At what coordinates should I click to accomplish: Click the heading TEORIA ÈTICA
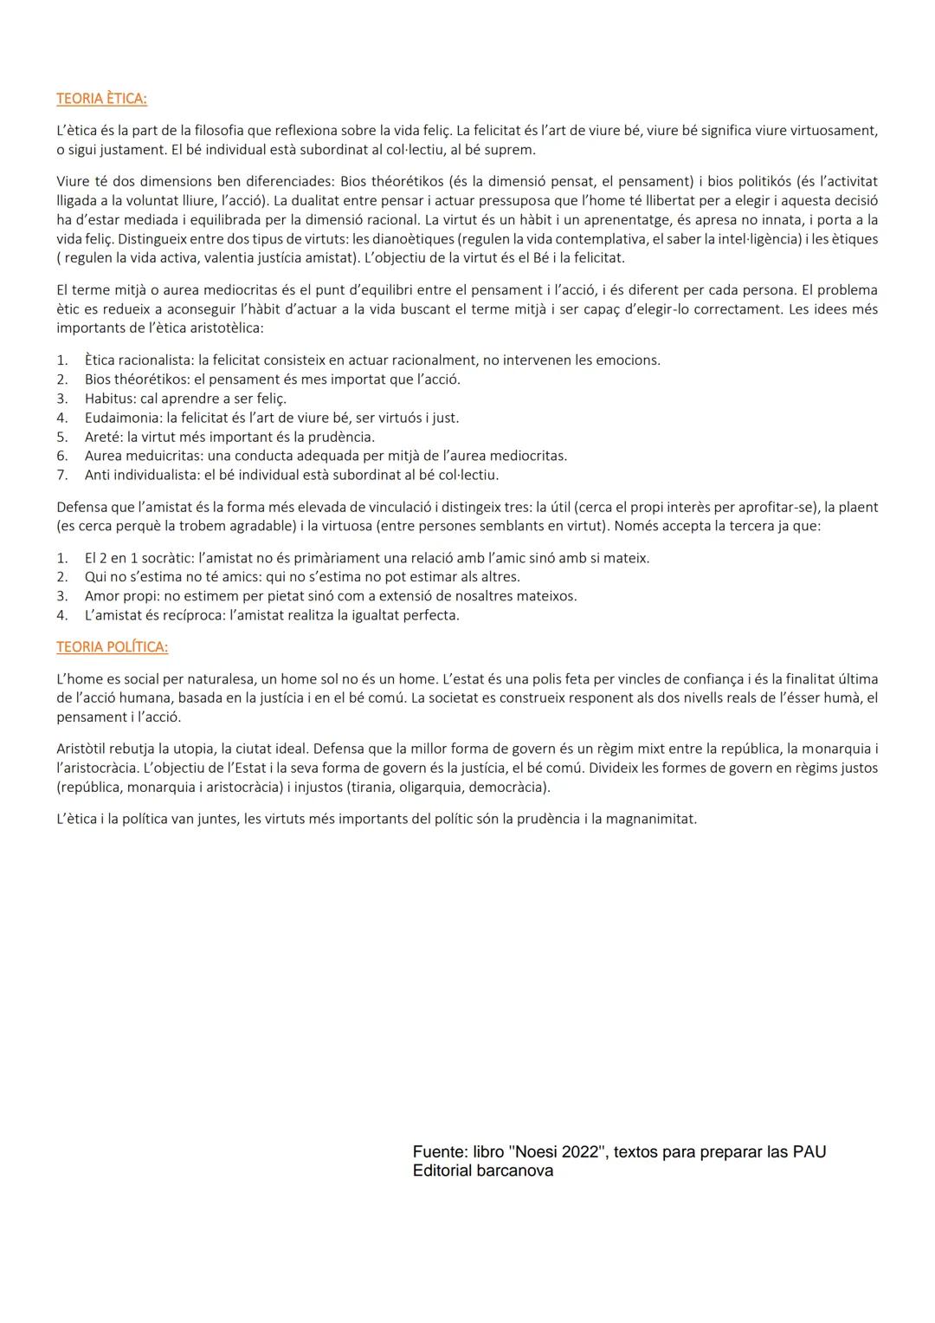coord(101,99)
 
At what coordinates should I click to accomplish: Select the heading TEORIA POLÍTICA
coord(112,647)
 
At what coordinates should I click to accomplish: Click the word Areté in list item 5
coord(103,437)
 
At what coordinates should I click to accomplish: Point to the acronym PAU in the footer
coord(809,1152)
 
